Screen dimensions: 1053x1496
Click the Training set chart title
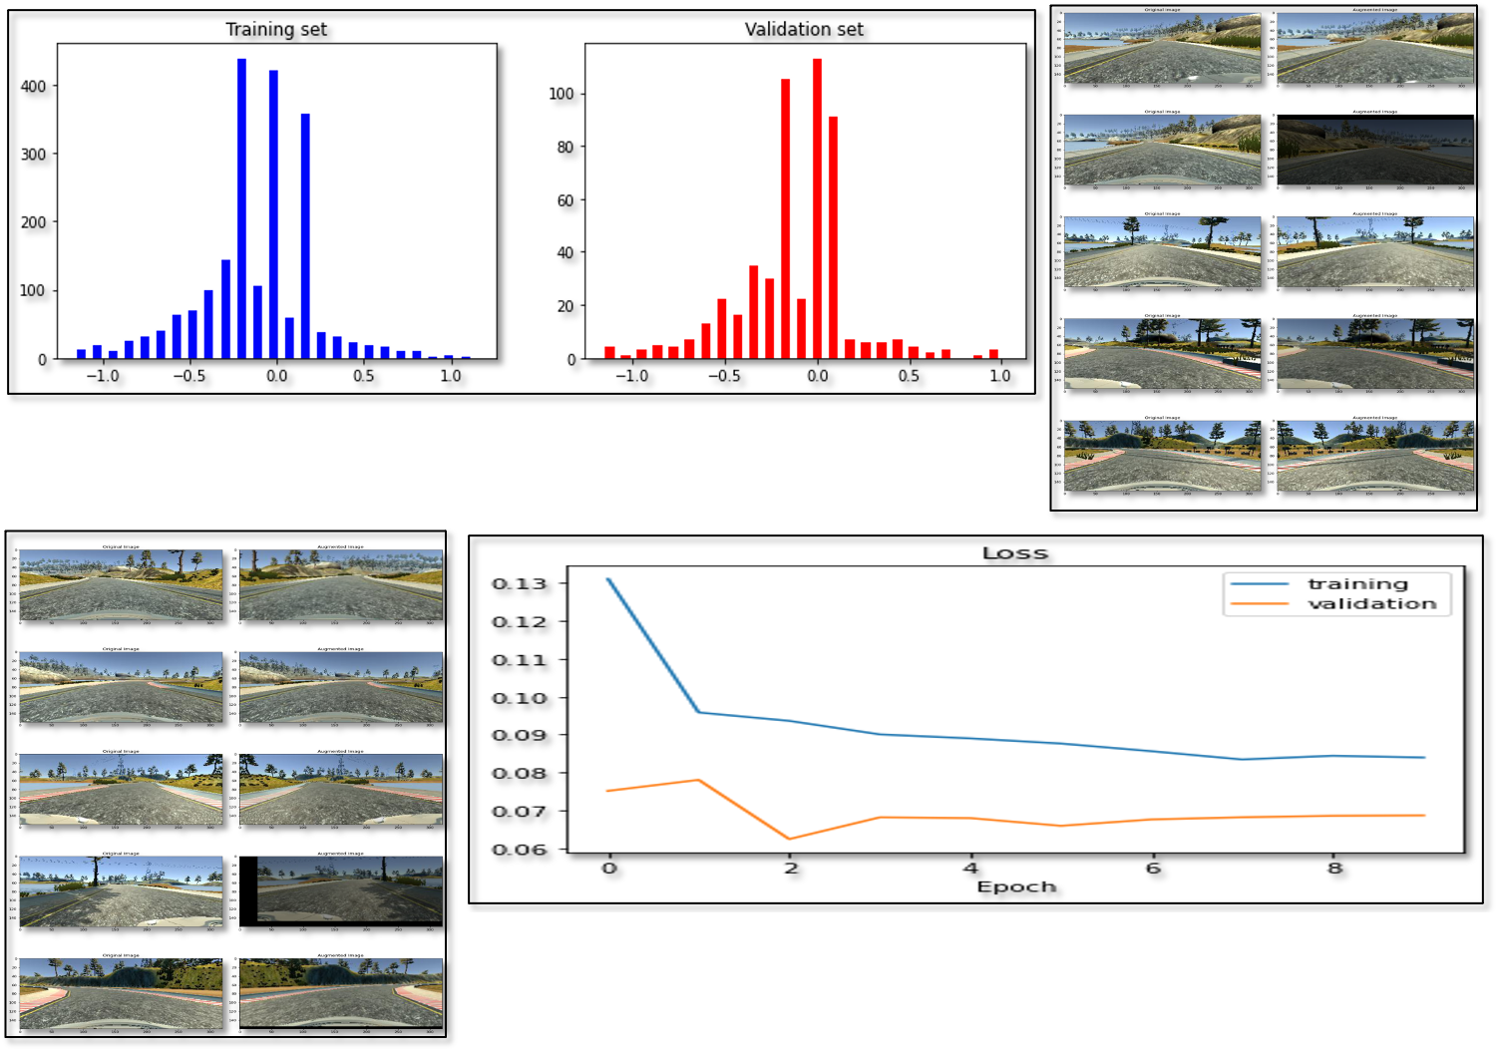[x=276, y=29]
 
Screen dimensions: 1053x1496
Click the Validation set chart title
[x=804, y=29]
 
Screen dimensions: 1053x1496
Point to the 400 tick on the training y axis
[x=33, y=87]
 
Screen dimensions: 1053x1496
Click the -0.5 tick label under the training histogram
[x=189, y=376]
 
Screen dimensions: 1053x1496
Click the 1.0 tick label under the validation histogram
[x=999, y=376]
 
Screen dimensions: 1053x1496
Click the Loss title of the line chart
[x=1015, y=552]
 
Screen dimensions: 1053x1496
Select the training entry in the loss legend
[x=1357, y=584]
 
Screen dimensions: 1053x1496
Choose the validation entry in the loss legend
[x=1371, y=603]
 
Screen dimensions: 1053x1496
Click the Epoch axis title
[x=1016, y=886]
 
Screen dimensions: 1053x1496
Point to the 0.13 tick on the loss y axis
[x=520, y=583]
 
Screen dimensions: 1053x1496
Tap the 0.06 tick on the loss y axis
[x=520, y=850]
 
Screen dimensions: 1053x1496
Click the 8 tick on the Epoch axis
[x=1334, y=868]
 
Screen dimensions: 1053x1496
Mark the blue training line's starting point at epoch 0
[x=608, y=579]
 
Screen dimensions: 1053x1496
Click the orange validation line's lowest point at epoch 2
[x=790, y=839]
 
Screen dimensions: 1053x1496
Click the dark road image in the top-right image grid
[x=1374, y=152]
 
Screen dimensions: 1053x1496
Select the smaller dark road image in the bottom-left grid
[x=349, y=888]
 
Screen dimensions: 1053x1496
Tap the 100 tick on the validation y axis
[x=561, y=94]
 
